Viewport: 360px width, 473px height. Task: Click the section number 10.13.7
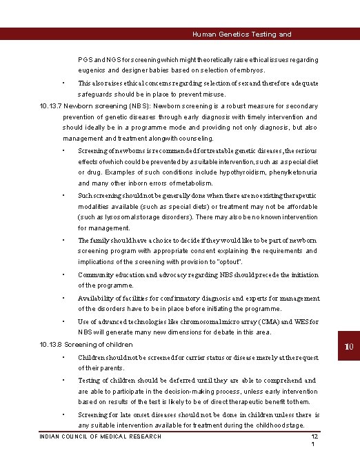click(x=52, y=106)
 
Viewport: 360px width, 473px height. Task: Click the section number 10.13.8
click(x=52, y=344)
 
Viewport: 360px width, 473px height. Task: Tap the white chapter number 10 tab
click(x=350, y=345)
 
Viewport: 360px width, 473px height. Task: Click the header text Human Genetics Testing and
click(x=241, y=34)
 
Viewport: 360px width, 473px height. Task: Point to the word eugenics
click(x=92, y=70)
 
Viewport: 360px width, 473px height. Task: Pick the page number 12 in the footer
click(x=314, y=436)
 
